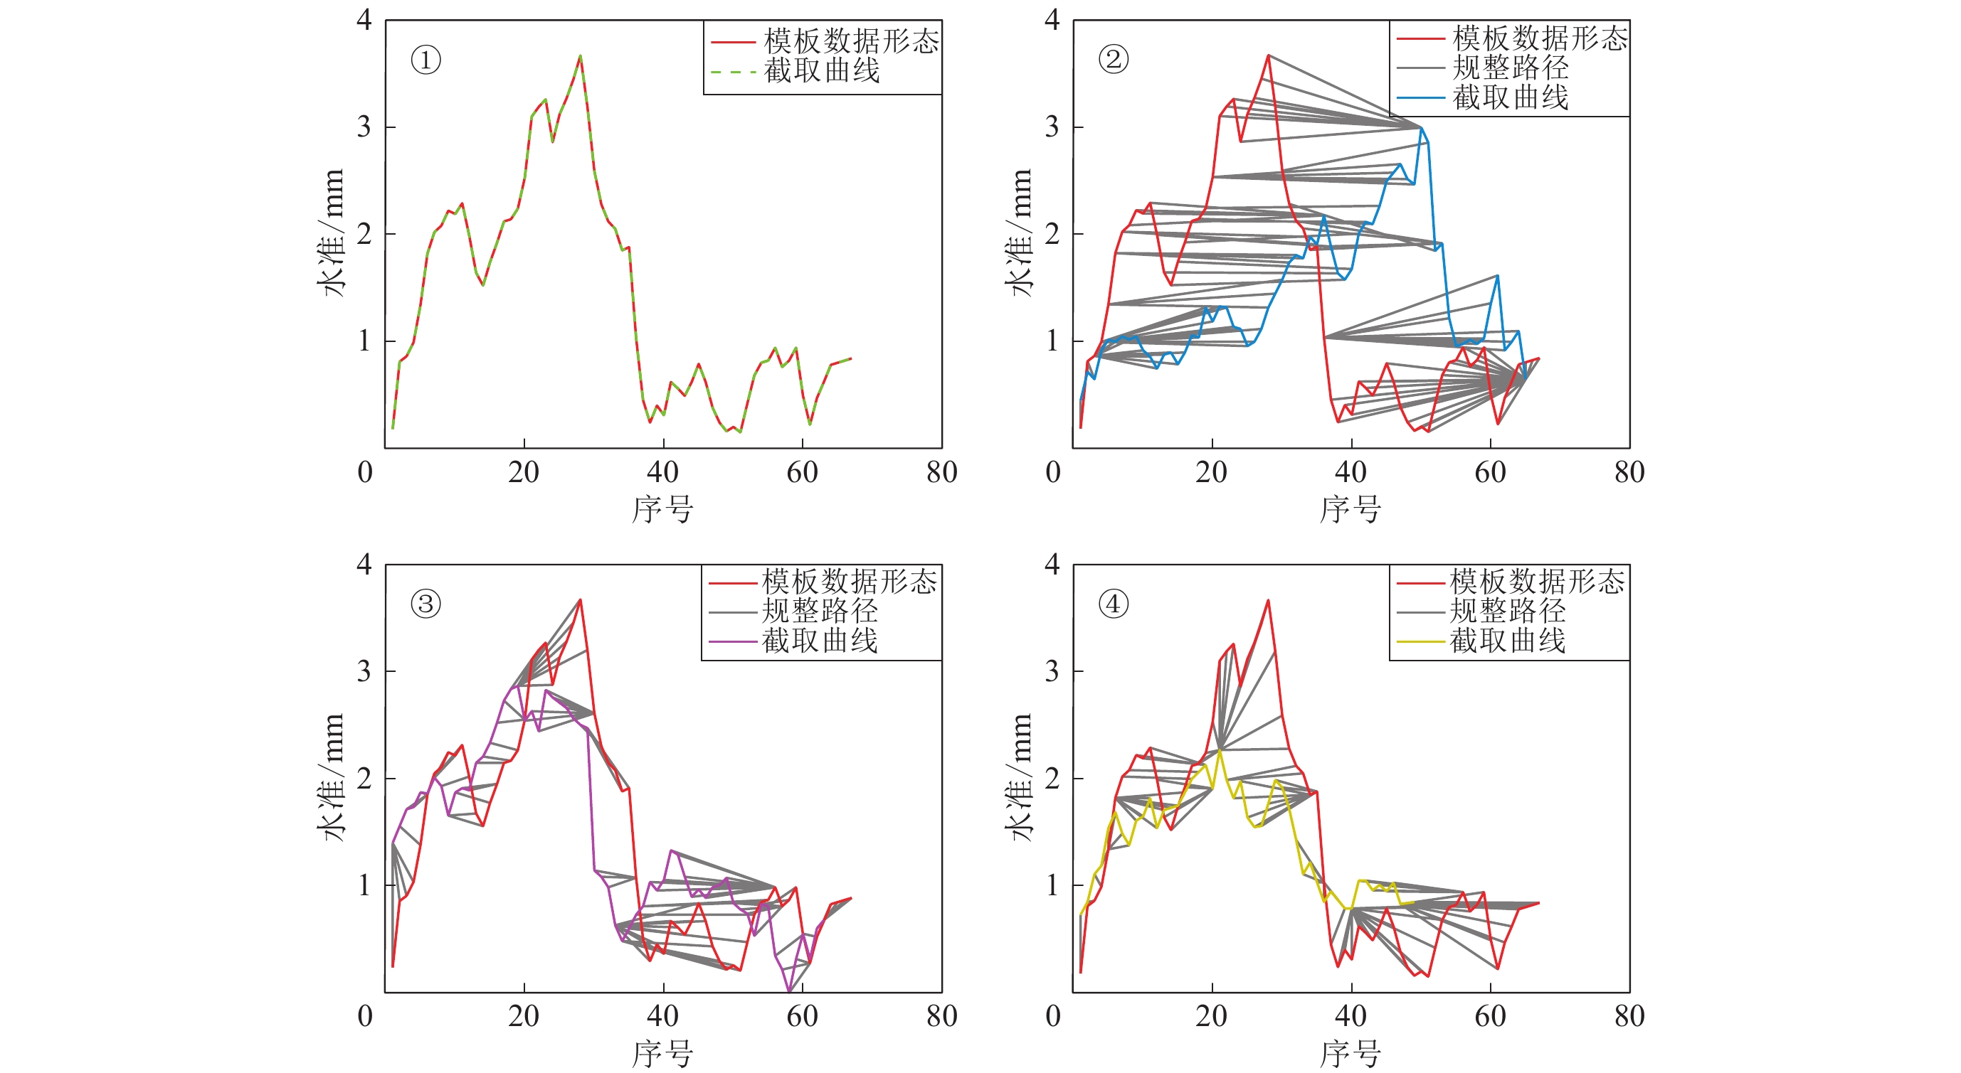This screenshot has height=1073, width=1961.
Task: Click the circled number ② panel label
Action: pos(1113,59)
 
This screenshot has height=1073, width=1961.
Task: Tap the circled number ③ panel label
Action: pos(425,604)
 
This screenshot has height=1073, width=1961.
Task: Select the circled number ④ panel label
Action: pos(1113,604)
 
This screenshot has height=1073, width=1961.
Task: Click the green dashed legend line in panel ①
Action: pos(732,72)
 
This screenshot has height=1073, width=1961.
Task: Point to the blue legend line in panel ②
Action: pos(1420,98)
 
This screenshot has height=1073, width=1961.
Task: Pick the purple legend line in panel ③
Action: pos(731,642)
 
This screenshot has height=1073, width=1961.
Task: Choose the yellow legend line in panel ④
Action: pos(1420,642)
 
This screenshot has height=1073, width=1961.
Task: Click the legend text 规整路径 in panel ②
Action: pos(1511,68)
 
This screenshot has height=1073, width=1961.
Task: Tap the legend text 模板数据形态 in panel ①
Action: pos(851,41)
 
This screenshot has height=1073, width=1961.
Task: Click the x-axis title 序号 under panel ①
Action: pos(662,509)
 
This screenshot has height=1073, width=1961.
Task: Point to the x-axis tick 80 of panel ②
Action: pos(1629,473)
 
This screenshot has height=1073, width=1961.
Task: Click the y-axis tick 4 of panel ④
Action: pos(1052,564)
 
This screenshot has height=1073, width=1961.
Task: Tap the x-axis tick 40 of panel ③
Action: pos(662,1017)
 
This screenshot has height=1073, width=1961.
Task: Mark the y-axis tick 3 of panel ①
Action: pos(364,127)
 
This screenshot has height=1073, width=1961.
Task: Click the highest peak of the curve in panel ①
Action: pos(580,55)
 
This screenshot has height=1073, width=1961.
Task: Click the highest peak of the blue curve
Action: pos(1420,128)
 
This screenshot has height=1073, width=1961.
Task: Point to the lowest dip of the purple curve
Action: pos(789,991)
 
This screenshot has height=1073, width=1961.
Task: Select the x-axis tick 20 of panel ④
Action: pos(1211,1017)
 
